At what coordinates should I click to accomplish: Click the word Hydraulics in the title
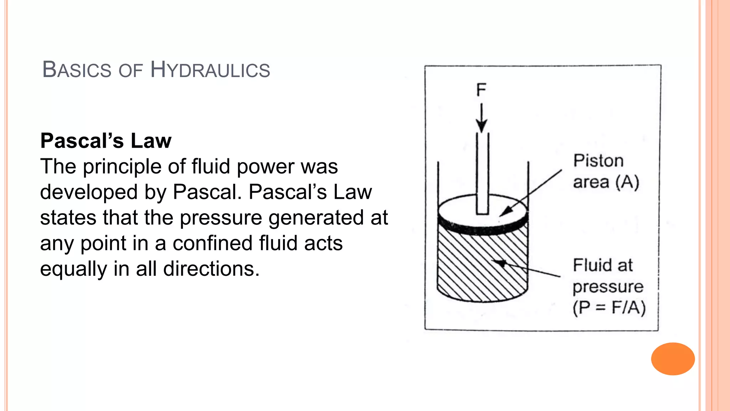coord(210,70)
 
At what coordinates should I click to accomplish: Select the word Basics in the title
coord(77,70)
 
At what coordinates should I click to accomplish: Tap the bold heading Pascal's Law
coord(106,141)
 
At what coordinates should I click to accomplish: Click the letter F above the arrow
coord(481,90)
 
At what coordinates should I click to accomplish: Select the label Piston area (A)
coord(606,172)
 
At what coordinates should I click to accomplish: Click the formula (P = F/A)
coord(609,308)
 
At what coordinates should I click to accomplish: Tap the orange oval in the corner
coord(673,359)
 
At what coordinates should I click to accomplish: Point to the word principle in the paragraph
coord(133,167)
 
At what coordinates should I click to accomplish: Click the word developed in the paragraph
coord(89,192)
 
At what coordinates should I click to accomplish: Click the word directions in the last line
coord(211,269)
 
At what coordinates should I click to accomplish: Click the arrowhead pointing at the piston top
coord(506,211)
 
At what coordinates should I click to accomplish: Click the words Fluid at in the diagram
coord(603,265)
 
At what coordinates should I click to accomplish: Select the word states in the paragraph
coord(68,218)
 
